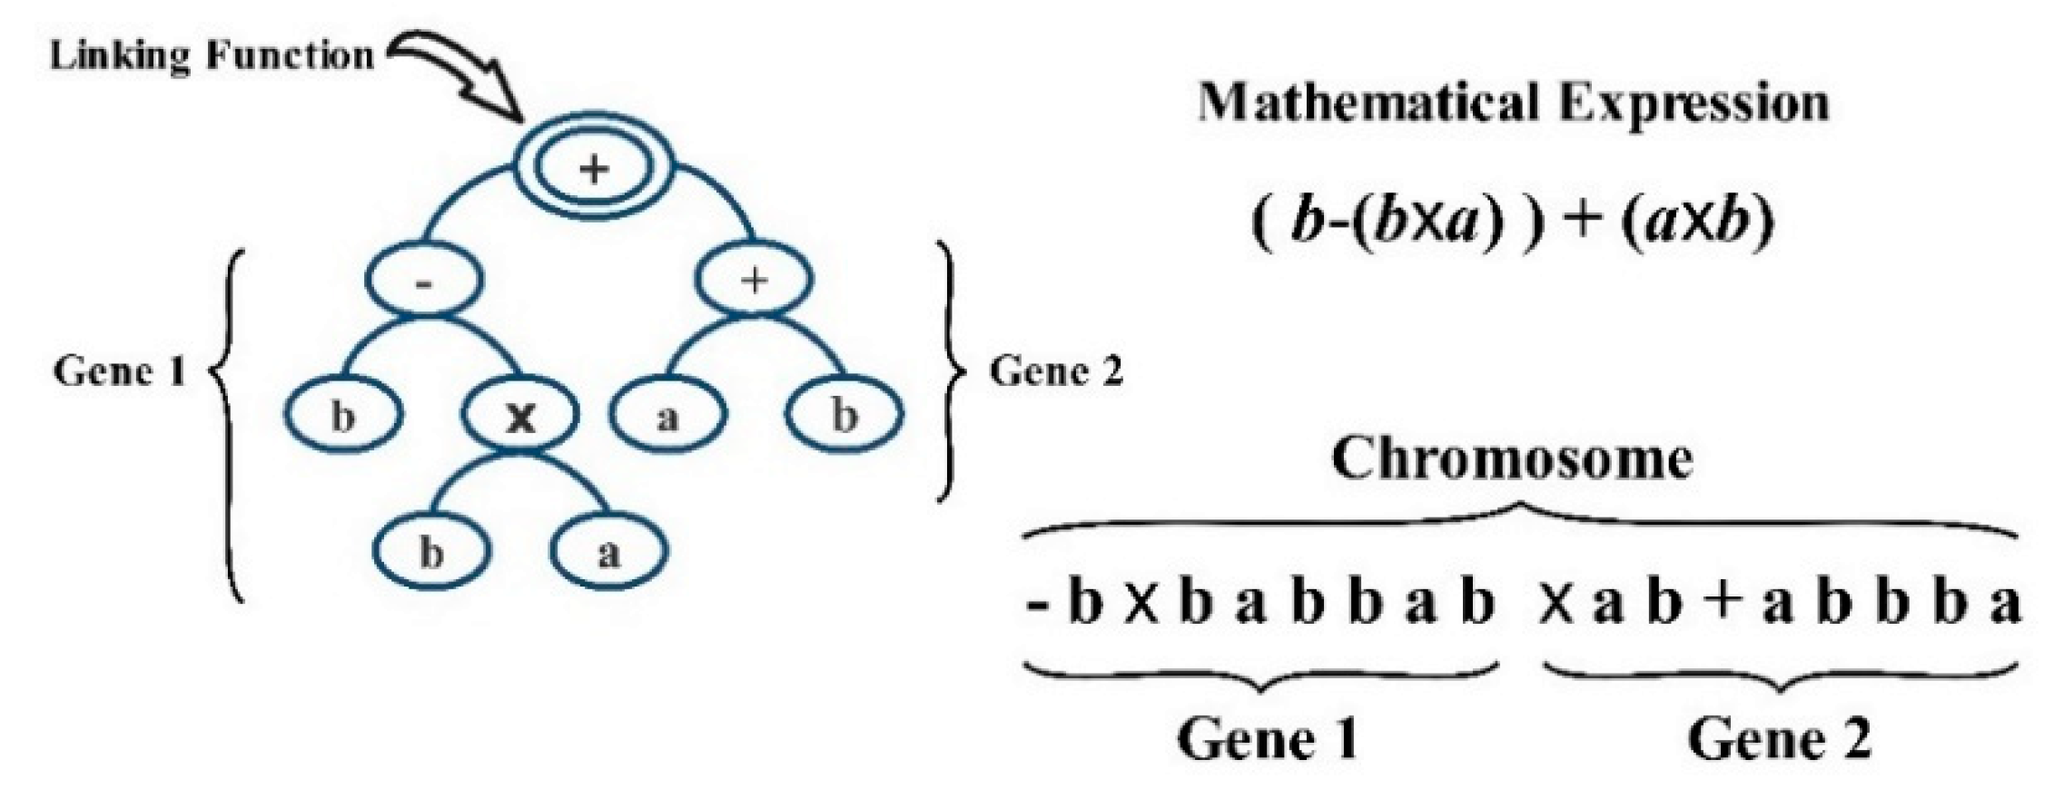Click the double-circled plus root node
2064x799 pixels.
(x=595, y=169)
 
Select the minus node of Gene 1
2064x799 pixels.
(x=424, y=281)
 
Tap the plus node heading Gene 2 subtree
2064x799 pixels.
(x=754, y=281)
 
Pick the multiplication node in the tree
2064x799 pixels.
(x=520, y=417)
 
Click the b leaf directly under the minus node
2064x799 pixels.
(x=342, y=417)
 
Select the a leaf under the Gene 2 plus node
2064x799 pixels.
(x=667, y=417)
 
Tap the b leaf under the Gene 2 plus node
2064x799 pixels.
(x=844, y=416)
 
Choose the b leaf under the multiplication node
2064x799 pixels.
(x=431, y=552)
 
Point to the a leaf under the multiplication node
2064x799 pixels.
(x=608, y=552)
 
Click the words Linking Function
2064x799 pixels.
(x=212, y=56)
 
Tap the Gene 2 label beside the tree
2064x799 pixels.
(x=1055, y=371)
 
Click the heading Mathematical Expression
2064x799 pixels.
(x=1513, y=102)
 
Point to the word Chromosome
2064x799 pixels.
(x=1513, y=459)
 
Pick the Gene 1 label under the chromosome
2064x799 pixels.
(x=1268, y=739)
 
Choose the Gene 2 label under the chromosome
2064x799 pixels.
(x=1780, y=739)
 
